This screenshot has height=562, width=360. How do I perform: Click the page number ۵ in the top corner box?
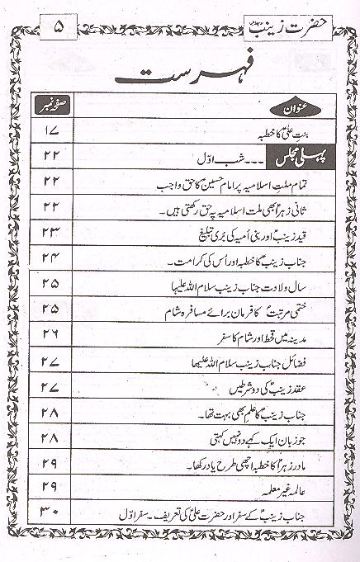[x=59, y=27]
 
